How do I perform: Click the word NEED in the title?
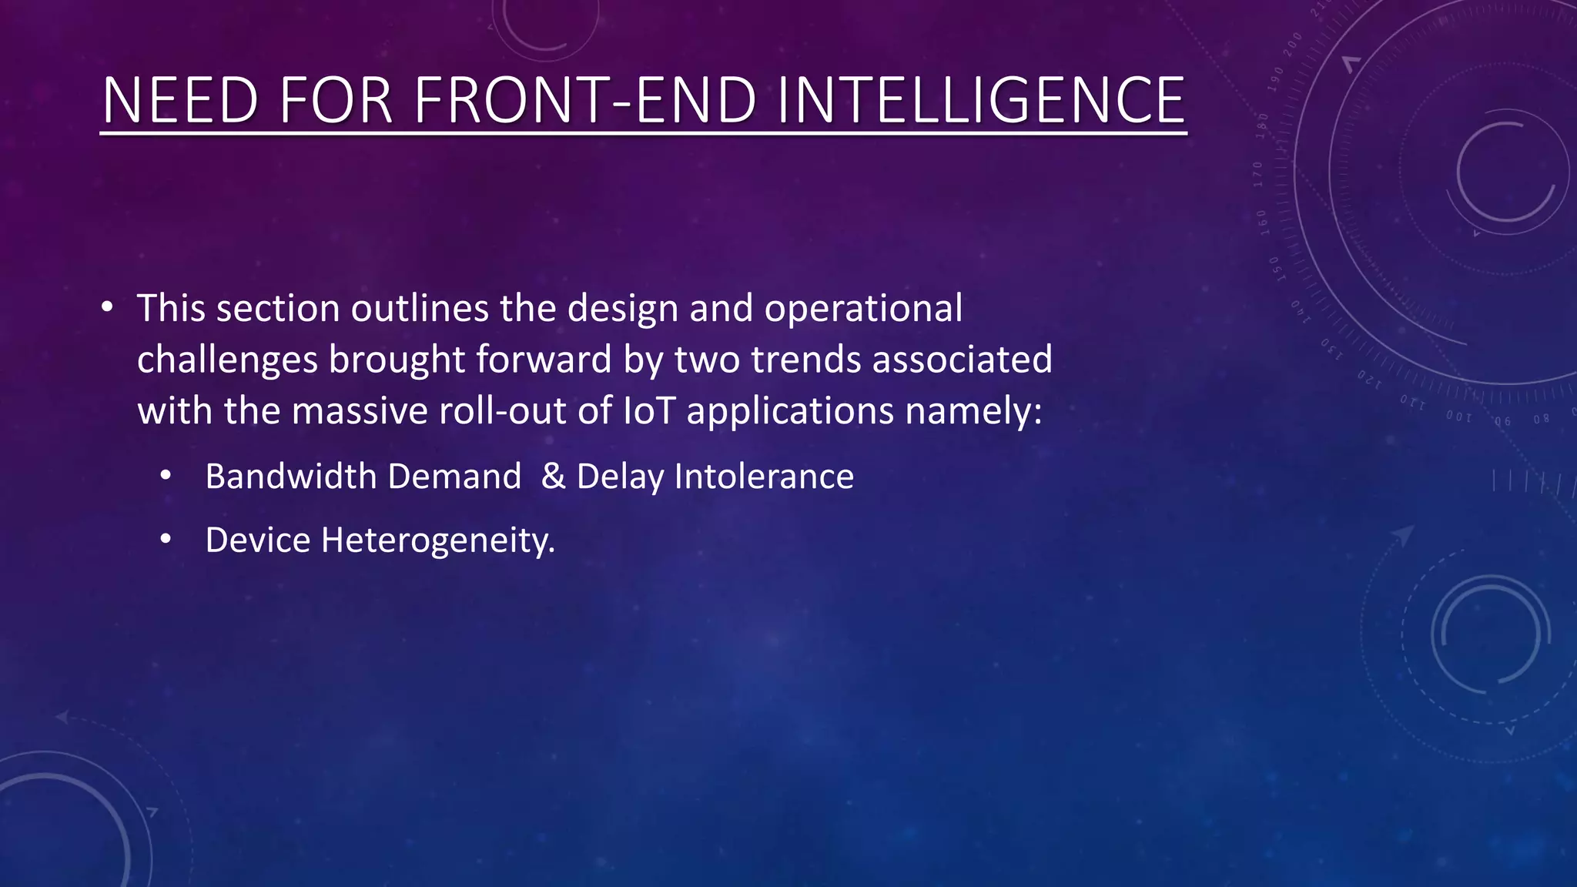click(x=180, y=100)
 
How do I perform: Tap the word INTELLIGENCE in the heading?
click(x=982, y=100)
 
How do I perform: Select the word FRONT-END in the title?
click(x=586, y=100)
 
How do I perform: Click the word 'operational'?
click(x=863, y=310)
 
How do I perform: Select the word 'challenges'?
click(x=227, y=360)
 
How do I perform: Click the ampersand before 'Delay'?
click(x=554, y=477)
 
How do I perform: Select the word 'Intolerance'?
click(x=764, y=477)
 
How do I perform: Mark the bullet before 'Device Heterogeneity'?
click(x=166, y=541)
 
